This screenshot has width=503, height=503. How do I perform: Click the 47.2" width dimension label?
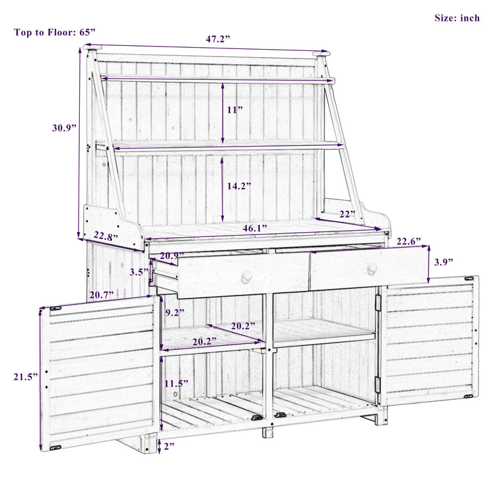218,39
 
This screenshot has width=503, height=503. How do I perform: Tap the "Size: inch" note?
456,18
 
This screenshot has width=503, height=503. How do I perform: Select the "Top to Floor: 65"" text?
55,32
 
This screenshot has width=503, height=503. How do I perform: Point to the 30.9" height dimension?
64,127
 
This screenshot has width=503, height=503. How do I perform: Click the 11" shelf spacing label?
235,109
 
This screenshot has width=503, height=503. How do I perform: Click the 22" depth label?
348,214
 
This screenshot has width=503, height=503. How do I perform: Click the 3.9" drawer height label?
443,261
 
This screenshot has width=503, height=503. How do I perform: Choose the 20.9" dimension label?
172,256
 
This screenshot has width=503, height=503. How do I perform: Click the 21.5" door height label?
25,377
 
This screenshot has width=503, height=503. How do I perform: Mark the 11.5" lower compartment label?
176,383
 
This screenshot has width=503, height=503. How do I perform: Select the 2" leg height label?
169,447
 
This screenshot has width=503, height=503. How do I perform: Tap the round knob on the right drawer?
372,268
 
